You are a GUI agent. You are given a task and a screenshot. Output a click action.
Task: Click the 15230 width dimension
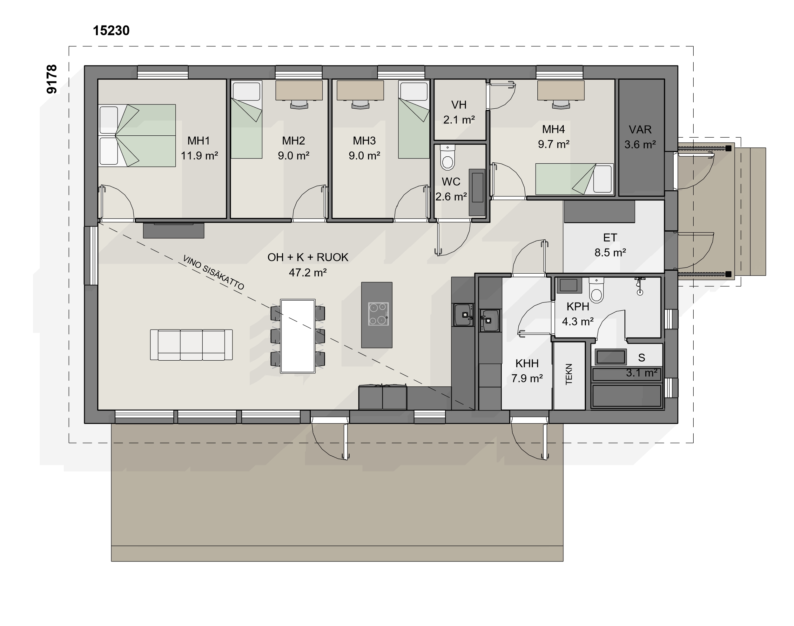pyautogui.click(x=111, y=31)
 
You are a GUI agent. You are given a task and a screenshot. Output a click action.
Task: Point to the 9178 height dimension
pyautogui.click(x=52, y=79)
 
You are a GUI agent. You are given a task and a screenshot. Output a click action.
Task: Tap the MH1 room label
pyautogui.click(x=198, y=141)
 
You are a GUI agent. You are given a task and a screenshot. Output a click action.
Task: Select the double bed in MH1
pyautogui.click(x=137, y=136)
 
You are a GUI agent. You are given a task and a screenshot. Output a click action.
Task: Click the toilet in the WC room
pyautogui.click(x=447, y=158)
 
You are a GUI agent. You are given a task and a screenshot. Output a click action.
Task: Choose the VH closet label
pyautogui.click(x=459, y=105)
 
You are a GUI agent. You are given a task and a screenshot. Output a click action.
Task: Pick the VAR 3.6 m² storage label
pyautogui.click(x=640, y=137)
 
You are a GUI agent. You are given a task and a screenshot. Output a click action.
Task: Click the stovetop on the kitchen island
pyautogui.click(x=378, y=314)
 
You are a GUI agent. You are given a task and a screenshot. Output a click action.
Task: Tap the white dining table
pyautogui.click(x=298, y=336)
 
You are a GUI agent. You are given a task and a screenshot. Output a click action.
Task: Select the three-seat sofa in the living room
pyautogui.click(x=191, y=344)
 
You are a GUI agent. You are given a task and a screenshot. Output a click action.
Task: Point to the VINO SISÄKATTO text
pyautogui.click(x=213, y=273)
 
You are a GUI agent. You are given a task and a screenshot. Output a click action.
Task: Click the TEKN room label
pyautogui.click(x=569, y=374)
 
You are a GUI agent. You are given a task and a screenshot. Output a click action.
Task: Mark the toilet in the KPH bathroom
pyautogui.click(x=596, y=290)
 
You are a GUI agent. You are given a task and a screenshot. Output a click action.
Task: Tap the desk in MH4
pyautogui.click(x=561, y=90)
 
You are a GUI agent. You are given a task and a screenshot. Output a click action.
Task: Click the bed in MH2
pyautogui.click(x=246, y=119)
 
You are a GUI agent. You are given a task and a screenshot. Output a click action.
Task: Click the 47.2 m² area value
pyautogui.click(x=308, y=272)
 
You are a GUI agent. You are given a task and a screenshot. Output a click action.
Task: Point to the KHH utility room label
pyautogui.click(x=527, y=364)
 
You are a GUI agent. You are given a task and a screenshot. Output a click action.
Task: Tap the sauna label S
pyautogui.click(x=641, y=358)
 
